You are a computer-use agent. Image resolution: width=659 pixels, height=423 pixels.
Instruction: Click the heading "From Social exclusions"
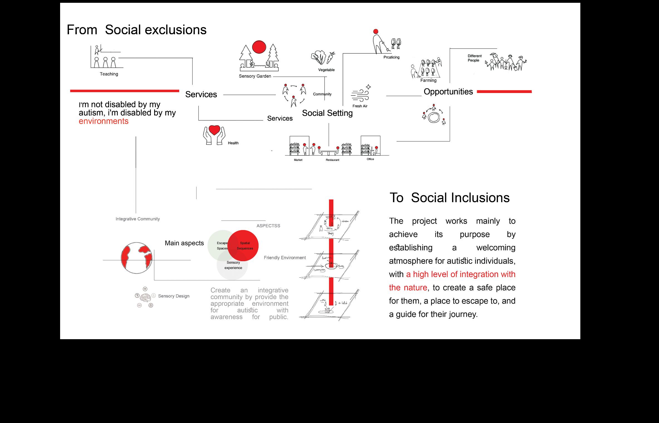click(136, 30)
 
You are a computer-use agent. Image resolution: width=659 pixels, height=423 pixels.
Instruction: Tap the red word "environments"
click(104, 121)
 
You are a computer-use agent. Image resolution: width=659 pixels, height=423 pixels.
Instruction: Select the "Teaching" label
click(109, 74)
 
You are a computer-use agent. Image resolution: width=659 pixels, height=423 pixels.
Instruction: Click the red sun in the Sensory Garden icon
click(259, 47)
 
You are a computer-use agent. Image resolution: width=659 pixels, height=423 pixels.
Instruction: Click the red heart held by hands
click(214, 130)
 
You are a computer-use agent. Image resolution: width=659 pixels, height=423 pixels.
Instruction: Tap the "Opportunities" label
click(448, 92)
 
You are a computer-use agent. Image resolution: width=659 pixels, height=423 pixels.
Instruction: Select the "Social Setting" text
click(327, 113)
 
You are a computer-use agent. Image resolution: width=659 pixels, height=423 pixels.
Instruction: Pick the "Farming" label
click(428, 80)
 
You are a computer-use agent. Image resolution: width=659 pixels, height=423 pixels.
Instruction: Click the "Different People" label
click(474, 58)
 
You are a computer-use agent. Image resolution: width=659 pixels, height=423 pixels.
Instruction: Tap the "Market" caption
click(298, 160)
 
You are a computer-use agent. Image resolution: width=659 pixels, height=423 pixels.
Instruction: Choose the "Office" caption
click(370, 159)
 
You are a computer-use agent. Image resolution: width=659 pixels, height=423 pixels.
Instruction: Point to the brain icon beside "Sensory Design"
click(145, 297)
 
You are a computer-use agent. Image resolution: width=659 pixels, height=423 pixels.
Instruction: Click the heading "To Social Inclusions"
click(449, 198)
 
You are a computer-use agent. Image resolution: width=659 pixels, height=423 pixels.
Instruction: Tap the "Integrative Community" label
click(138, 219)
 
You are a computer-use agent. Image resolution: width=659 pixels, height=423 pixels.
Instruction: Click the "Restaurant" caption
click(333, 160)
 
